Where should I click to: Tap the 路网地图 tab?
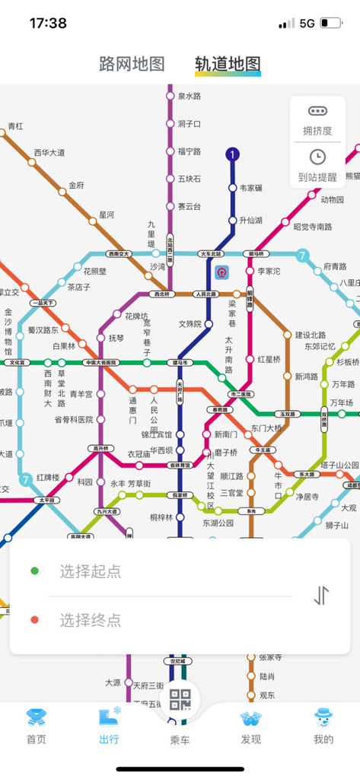(132, 64)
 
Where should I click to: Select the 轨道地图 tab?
(228, 64)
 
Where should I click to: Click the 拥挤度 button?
(317, 119)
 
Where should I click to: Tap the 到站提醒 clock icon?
(317, 157)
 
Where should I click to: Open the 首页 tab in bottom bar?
(36, 726)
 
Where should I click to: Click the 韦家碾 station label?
(250, 188)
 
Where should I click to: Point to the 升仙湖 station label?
(250, 221)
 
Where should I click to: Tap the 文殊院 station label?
(190, 323)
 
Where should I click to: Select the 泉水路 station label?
(189, 97)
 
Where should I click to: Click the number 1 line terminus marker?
(233, 154)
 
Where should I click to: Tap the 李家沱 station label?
(269, 271)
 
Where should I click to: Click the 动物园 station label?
(332, 200)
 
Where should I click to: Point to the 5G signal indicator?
(307, 24)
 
